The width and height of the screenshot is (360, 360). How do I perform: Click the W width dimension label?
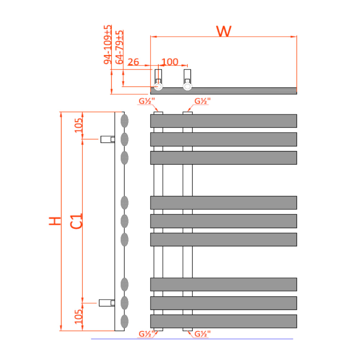224,31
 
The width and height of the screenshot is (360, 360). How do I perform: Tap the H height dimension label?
55,221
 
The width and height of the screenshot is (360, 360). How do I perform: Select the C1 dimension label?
76,221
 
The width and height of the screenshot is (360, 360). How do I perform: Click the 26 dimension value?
134,62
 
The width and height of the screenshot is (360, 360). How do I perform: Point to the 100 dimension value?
170,62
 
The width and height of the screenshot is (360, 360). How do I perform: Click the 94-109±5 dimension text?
108,45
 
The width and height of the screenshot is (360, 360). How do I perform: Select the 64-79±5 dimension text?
119,47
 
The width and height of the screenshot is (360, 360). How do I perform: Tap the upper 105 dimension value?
78,125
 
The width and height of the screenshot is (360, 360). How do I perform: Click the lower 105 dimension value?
78,316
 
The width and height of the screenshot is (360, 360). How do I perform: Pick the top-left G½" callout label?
147,101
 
